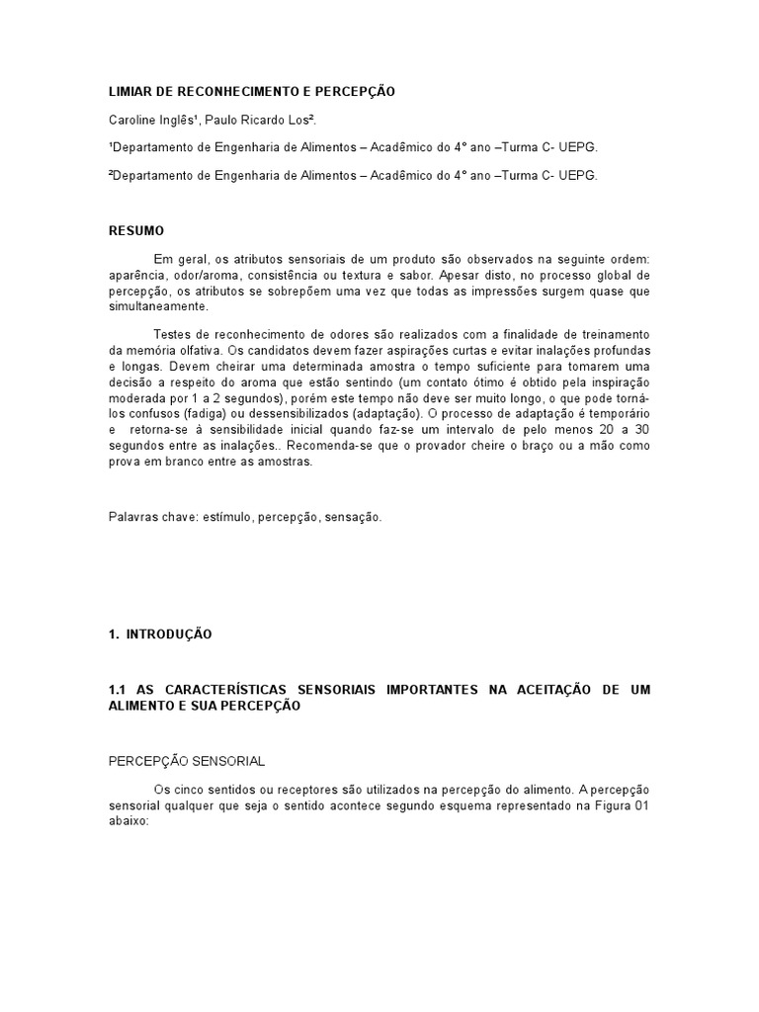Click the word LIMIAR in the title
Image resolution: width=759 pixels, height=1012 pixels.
pyautogui.click(x=128, y=91)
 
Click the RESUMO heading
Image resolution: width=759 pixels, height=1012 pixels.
pyautogui.click(x=136, y=230)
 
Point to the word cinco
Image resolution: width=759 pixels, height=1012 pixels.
pyautogui.click(x=195, y=790)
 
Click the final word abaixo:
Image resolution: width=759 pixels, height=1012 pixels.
pyautogui.click(x=127, y=821)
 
